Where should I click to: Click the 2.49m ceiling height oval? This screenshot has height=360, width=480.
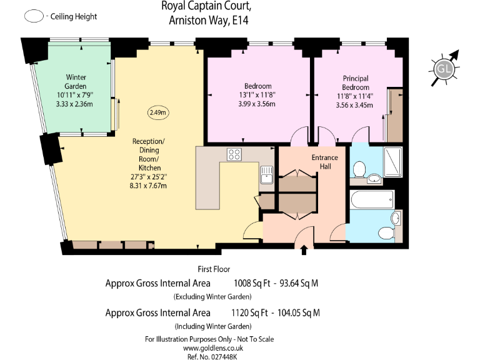coord(158,112)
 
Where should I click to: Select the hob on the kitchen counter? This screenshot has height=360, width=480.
coord(236,154)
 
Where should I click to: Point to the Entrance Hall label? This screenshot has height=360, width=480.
coord(324,162)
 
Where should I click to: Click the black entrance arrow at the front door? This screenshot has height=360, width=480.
coord(304,251)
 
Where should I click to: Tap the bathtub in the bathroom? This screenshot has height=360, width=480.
coord(371,201)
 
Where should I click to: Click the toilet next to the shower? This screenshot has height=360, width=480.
coord(359,168)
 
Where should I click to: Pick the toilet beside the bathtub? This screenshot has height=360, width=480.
coord(395,219)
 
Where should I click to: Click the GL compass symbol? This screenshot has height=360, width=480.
coord(444,67)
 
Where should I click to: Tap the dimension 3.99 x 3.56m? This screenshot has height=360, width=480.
coord(257,104)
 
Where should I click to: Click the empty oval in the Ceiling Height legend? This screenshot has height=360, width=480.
coord(32,17)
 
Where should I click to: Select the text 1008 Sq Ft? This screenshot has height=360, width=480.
coord(252,283)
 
